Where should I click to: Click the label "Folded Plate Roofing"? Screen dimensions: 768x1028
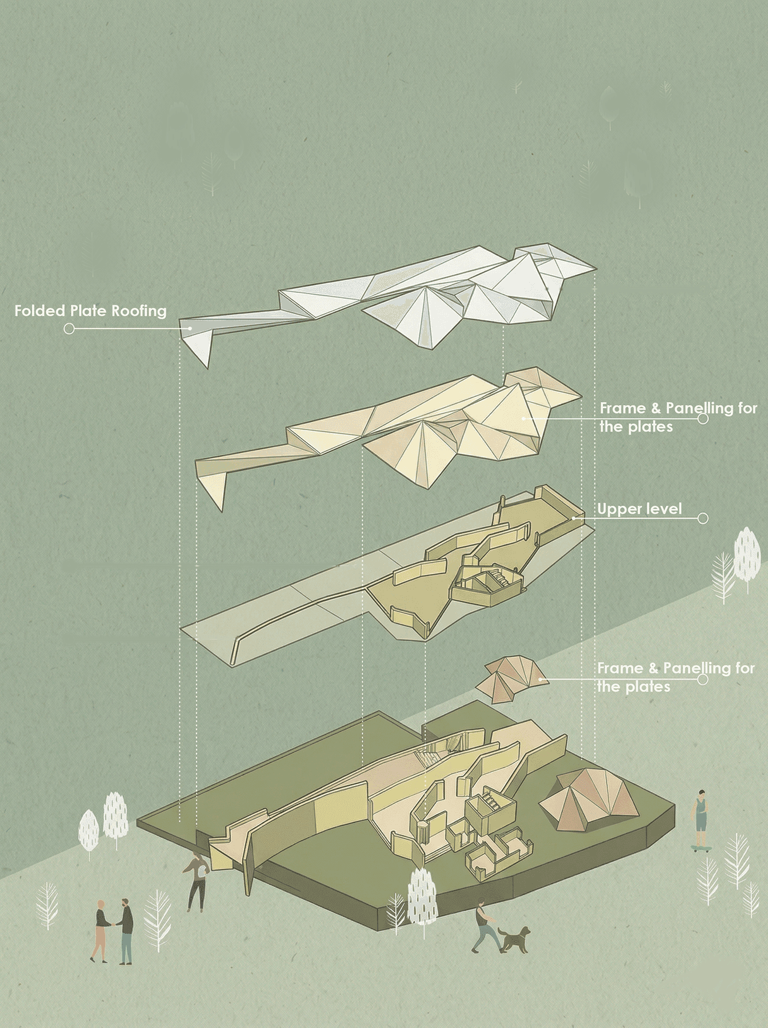tap(90, 311)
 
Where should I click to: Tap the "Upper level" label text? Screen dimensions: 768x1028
tap(639, 509)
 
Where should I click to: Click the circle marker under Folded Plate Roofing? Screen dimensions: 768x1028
tap(69, 329)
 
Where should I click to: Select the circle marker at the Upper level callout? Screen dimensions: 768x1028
tap(703, 518)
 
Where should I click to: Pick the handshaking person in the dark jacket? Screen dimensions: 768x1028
tap(126, 930)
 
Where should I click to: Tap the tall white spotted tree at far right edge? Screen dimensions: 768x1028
tap(746, 553)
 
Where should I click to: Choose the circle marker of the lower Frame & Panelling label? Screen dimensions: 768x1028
tap(702, 680)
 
